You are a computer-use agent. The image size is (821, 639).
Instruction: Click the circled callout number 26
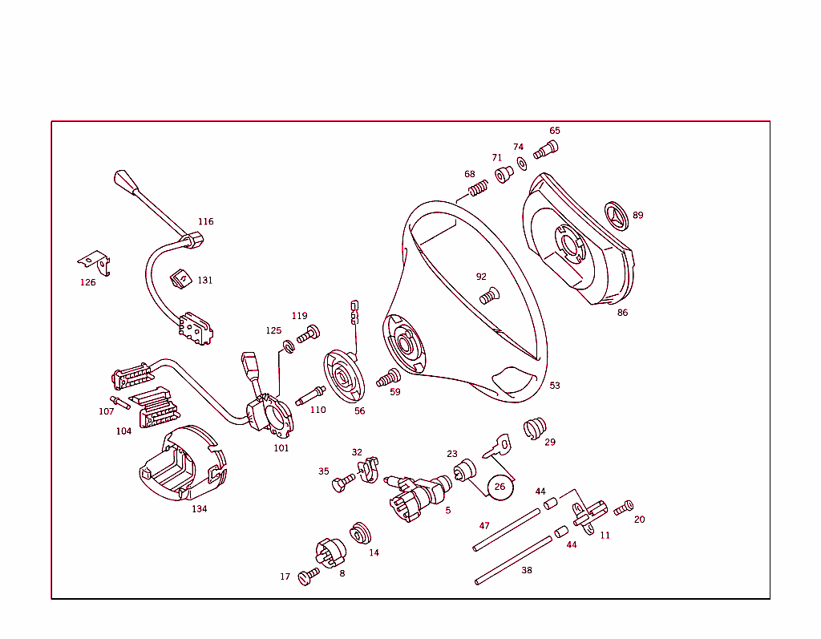pyautogui.click(x=500, y=487)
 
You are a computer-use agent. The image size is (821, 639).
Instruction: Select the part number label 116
pyautogui.click(x=206, y=222)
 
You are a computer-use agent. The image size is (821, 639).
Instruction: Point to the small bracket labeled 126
pyautogui.click(x=95, y=261)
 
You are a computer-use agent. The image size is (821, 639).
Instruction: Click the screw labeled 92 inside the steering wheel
pyautogui.click(x=488, y=297)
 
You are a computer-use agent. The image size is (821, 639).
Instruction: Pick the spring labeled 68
pyautogui.click(x=479, y=190)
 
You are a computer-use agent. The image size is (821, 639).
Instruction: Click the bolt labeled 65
pyautogui.click(x=547, y=149)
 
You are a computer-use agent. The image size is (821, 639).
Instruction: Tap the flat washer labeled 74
pyautogui.click(x=522, y=164)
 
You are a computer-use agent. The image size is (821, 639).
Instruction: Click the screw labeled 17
pyautogui.click(x=308, y=576)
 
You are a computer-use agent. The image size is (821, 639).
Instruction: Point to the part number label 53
pyautogui.click(x=555, y=386)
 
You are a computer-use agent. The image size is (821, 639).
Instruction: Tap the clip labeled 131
pyautogui.click(x=180, y=278)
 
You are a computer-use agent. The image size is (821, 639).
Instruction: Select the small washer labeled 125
pyautogui.click(x=288, y=347)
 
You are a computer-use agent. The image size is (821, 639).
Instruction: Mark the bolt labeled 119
pyautogui.click(x=308, y=334)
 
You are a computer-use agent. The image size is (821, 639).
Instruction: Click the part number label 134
pyautogui.click(x=199, y=509)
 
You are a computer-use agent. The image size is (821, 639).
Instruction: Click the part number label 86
pyautogui.click(x=622, y=313)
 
